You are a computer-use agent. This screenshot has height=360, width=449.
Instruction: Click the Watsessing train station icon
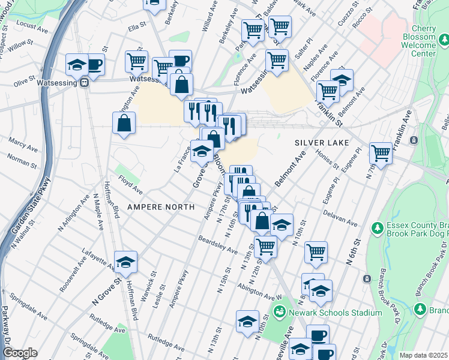pos(85,83)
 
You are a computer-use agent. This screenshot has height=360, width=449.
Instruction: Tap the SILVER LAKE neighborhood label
pos(318,143)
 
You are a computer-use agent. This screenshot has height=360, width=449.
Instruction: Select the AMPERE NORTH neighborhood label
pos(160,206)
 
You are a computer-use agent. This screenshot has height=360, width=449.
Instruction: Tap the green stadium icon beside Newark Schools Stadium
pos(279,312)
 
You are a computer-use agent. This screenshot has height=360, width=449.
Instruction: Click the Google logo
pos(19,353)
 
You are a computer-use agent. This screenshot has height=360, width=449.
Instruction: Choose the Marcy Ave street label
pos(22,142)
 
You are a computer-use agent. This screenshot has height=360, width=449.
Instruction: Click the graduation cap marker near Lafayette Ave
pos(125,262)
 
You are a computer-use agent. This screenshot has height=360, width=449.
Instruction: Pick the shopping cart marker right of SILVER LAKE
pos(381,153)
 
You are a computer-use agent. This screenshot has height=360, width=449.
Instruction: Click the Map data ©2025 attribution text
pos(423,355)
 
